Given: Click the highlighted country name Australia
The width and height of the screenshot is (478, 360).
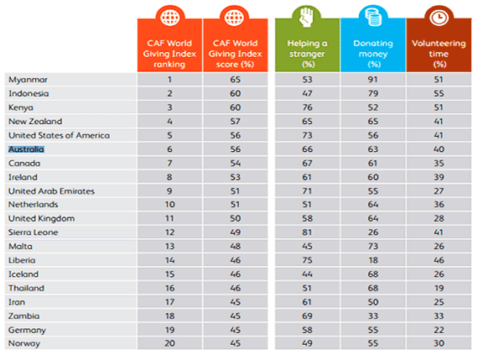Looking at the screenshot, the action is (x=26, y=149).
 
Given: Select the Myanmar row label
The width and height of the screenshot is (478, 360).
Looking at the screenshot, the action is (x=28, y=80).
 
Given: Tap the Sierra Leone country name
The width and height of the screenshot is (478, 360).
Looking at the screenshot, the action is (x=34, y=232).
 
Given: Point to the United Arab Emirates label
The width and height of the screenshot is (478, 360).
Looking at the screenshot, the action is (x=51, y=191).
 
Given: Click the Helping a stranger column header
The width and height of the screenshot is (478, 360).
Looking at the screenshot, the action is (x=307, y=54).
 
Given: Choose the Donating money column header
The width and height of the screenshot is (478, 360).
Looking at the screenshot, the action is (x=373, y=54).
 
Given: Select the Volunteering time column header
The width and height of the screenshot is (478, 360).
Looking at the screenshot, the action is (x=439, y=54).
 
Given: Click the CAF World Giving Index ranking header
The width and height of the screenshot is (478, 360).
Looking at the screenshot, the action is (x=169, y=54).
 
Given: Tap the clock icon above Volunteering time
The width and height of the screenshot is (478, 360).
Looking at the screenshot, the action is (x=439, y=17).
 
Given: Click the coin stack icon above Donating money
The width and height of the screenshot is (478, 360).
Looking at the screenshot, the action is (x=373, y=17).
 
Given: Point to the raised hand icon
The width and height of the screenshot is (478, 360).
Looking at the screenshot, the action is (x=306, y=17).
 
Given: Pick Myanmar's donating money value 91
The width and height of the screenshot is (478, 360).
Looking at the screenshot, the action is (x=373, y=80).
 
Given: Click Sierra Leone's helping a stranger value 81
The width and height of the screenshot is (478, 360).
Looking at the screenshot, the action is (x=307, y=232).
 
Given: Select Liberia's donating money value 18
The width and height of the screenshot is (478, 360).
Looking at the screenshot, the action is (x=373, y=260).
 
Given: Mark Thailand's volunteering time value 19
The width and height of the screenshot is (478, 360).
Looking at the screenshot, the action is (x=439, y=288).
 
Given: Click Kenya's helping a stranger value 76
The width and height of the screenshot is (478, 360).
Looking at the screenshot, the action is (x=307, y=107).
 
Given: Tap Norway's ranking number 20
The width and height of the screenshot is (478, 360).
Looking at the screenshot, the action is (x=169, y=343).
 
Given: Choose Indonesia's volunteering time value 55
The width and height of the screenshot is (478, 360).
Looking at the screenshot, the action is (x=439, y=94).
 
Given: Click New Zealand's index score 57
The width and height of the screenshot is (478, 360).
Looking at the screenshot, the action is (x=236, y=122).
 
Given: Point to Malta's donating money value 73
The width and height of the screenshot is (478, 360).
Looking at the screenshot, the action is (x=373, y=246).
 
